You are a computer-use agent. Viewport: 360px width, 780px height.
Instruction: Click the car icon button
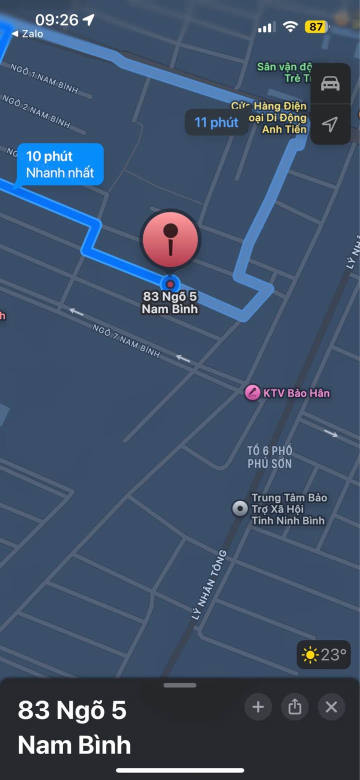pyautogui.click(x=330, y=83)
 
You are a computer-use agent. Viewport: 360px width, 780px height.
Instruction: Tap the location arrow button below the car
pyautogui.click(x=330, y=124)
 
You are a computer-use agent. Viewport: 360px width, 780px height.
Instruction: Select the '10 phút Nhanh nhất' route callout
pyautogui.click(x=60, y=164)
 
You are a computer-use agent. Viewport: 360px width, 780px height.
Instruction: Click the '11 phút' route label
pyautogui.click(x=216, y=122)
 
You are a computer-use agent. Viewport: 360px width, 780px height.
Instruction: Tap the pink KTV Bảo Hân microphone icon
pyautogui.click(x=252, y=392)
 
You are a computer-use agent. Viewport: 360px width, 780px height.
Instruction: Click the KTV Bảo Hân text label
pyautogui.click(x=296, y=393)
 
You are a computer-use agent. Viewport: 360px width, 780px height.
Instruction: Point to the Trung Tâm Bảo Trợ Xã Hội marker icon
pyautogui.click(x=240, y=509)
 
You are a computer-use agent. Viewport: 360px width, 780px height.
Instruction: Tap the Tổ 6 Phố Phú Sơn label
pyautogui.click(x=269, y=457)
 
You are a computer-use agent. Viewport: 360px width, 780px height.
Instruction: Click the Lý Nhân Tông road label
pyautogui.click(x=209, y=585)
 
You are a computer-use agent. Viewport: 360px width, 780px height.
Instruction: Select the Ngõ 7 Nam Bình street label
pyautogui.click(x=126, y=341)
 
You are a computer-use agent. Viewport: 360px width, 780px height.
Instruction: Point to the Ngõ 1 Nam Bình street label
pyautogui.click(x=44, y=79)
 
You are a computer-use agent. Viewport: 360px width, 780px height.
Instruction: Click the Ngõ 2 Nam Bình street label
pyautogui.click(x=36, y=110)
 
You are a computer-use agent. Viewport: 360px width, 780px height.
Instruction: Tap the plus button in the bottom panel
pyautogui.click(x=258, y=707)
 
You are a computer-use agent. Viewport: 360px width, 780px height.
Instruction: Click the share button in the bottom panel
pyautogui.click(x=295, y=707)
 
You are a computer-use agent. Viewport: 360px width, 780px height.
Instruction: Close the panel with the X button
pyautogui.click(x=331, y=707)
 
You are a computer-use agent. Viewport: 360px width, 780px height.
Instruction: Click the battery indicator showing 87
pyautogui.click(x=316, y=26)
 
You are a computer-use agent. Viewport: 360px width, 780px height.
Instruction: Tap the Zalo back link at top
pyautogui.click(x=27, y=34)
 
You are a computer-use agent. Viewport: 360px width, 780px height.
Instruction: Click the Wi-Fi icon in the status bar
pyautogui.click(x=290, y=27)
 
